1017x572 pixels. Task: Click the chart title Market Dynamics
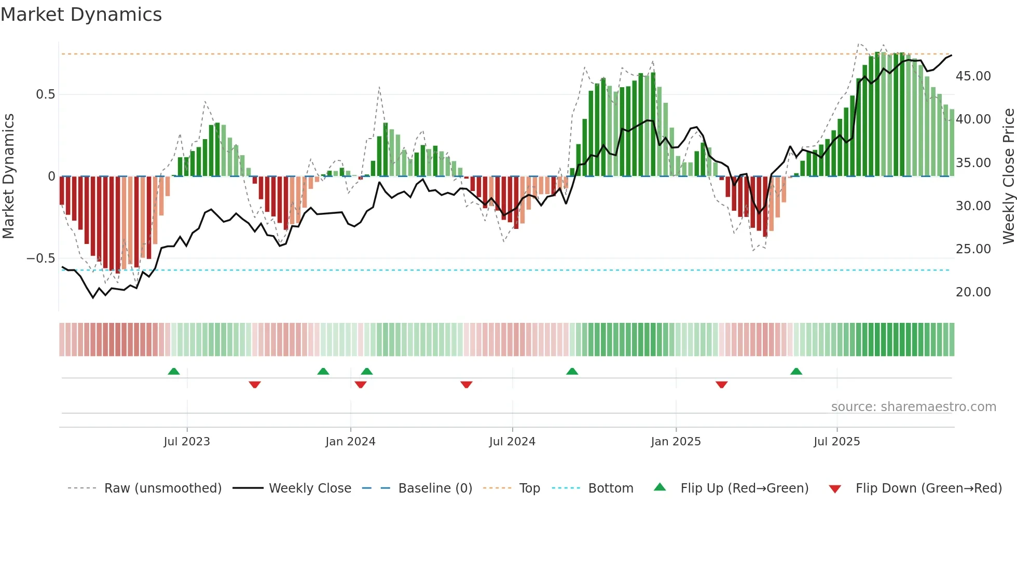(x=81, y=15)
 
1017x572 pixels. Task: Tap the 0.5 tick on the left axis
(x=45, y=94)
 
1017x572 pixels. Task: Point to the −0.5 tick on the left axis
(x=41, y=258)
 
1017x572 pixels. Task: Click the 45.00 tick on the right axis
(x=973, y=76)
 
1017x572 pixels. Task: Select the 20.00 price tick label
(x=973, y=292)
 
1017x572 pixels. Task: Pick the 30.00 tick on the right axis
(x=973, y=206)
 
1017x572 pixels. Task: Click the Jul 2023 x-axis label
(x=187, y=442)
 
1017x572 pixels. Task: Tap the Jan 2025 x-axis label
(x=676, y=442)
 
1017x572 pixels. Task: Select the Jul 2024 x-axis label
(x=512, y=442)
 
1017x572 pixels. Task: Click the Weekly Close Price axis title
(x=1008, y=176)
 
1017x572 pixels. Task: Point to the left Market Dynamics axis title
(x=8, y=176)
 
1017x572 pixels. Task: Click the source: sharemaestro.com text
(x=913, y=407)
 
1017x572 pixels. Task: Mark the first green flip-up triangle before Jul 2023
(x=174, y=371)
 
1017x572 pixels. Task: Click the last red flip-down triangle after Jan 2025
(x=721, y=385)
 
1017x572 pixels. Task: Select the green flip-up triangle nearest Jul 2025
(x=796, y=371)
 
